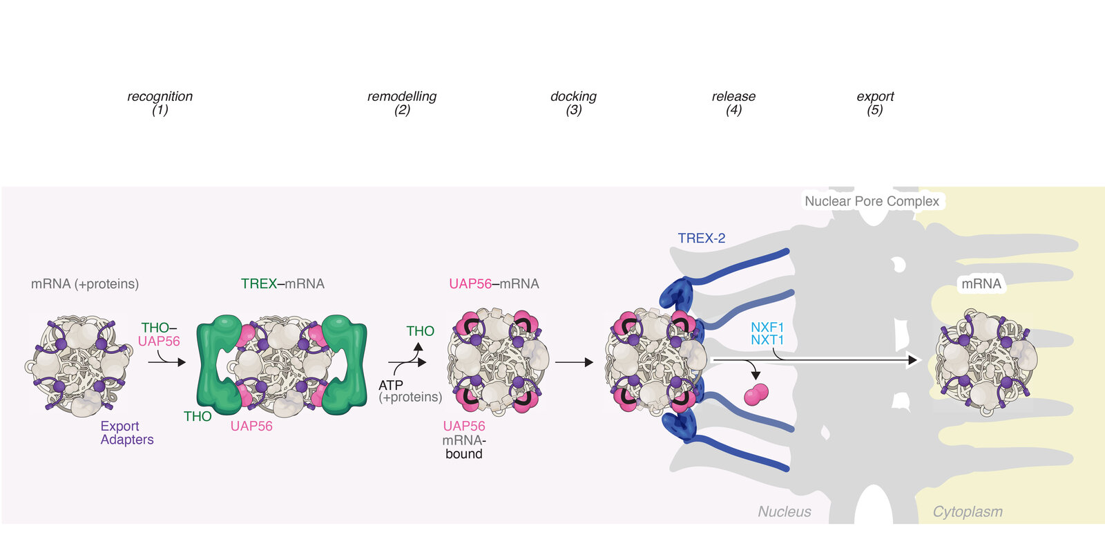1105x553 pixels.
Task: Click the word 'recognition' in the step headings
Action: click(160, 96)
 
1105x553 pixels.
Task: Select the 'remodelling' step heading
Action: click(402, 96)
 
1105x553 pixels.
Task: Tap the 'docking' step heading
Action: click(573, 96)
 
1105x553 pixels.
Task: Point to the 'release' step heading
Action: click(733, 96)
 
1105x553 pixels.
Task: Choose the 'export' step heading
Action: click(875, 96)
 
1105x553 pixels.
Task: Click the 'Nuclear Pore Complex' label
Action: click(872, 201)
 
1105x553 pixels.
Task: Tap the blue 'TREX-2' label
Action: click(701, 238)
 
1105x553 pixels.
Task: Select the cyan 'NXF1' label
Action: click(767, 327)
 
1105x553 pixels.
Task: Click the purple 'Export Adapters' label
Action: click(126, 433)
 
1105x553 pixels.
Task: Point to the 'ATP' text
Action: click(391, 385)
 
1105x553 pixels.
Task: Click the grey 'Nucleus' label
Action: click(784, 512)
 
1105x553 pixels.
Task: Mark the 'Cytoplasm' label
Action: click(967, 512)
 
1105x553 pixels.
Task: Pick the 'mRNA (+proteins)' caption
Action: click(85, 284)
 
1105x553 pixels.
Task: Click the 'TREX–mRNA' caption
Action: click(282, 284)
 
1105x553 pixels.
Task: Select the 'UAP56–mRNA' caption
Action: click(494, 284)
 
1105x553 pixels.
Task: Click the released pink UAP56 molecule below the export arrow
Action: click(756, 395)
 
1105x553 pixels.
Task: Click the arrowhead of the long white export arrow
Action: click(913, 360)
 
